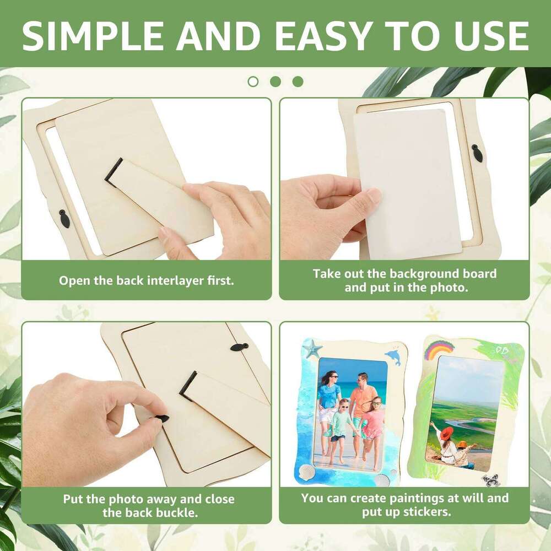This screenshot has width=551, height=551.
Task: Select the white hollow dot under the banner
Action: point(253,82)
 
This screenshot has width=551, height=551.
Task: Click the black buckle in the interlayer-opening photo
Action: point(64,218)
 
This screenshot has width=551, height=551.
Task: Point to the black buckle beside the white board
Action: point(477,153)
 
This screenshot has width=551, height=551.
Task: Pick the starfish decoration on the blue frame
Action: point(312,349)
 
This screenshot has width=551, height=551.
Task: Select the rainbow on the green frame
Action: point(439,350)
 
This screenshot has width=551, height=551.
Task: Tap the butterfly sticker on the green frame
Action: point(490,479)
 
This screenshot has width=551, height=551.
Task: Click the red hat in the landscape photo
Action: point(446,433)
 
